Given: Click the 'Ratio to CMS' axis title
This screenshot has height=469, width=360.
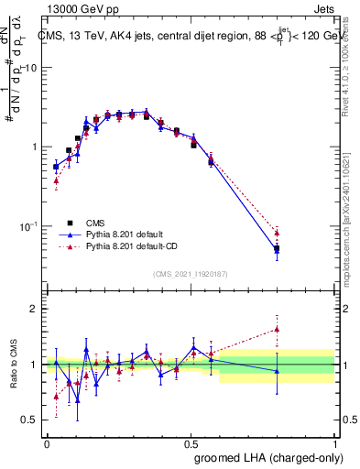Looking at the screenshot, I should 15,365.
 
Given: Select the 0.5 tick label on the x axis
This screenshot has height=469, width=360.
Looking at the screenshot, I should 191,443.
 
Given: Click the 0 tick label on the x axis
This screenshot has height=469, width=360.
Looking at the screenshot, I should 47,443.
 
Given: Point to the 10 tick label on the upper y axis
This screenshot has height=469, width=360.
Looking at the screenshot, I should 31,68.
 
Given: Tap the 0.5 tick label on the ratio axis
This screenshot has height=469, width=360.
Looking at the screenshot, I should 30,422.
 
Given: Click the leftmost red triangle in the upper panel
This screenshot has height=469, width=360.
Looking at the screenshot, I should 56,180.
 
